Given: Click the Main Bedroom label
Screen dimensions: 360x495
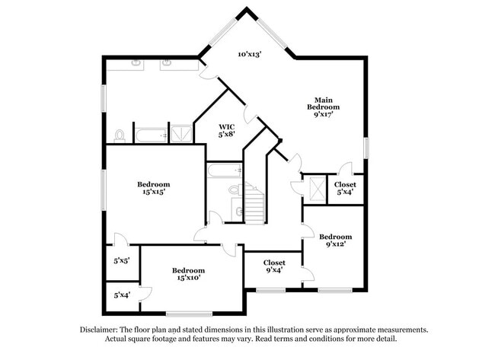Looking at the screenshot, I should coord(323,104).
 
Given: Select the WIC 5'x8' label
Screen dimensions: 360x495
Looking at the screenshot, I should coord(227,130).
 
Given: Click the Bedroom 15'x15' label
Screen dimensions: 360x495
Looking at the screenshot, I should coord(153,188).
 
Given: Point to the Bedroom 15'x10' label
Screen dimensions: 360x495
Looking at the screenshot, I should coord(187,275).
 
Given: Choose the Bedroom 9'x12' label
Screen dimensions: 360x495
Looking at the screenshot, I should coord(335,241).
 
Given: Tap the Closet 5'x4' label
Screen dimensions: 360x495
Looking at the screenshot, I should coord(345,188).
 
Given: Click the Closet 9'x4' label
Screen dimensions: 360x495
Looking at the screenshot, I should coord(274,266).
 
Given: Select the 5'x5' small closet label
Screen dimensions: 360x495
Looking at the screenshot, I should coord(122,260).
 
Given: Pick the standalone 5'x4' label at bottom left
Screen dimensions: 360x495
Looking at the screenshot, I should coord(122,295).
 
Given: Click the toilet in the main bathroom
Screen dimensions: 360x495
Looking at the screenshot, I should coord(120,136).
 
